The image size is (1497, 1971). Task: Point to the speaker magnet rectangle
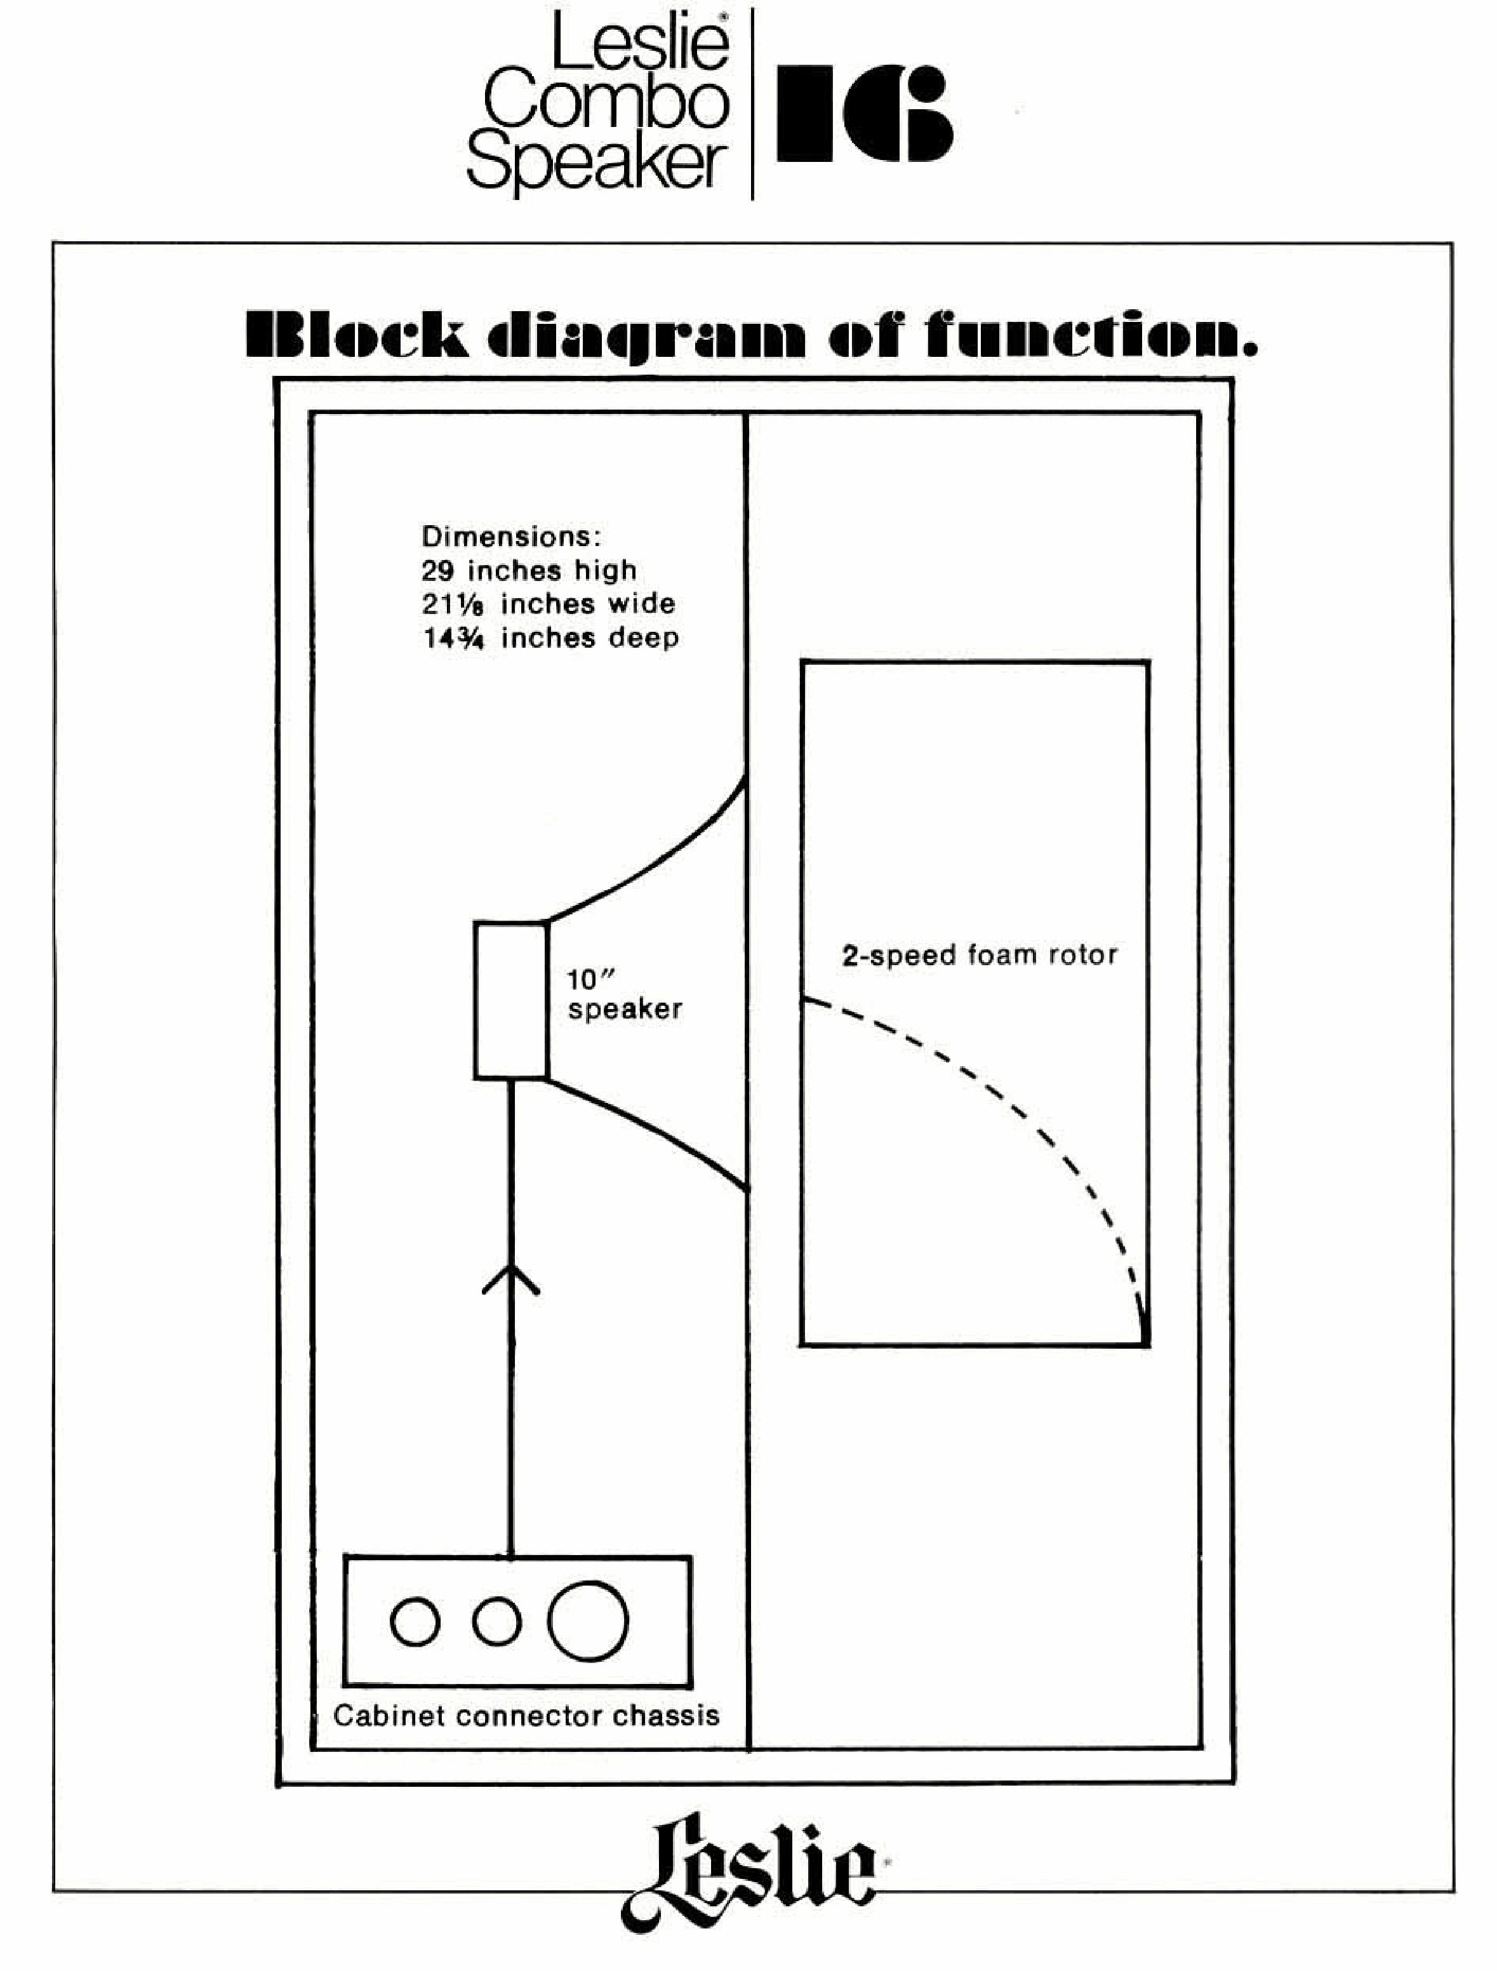point(510,999)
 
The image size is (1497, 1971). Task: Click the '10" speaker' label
point(623,995)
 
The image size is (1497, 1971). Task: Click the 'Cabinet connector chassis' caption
point(526,1715)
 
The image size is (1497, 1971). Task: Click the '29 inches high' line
point(528,570)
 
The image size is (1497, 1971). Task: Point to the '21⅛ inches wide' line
point(548,604)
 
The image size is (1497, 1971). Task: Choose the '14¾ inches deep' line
point(550,638)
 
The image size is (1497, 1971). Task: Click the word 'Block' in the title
point(356,336)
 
